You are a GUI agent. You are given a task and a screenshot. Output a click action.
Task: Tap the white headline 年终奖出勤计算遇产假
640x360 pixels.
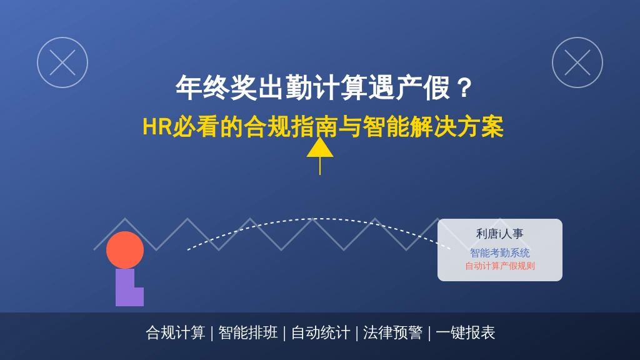(x=312, y=87)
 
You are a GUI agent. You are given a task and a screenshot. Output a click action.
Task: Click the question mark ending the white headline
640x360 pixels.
(x=464, y=87)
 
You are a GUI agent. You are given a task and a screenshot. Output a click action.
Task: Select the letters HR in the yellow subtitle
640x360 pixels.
(x=157, y=126)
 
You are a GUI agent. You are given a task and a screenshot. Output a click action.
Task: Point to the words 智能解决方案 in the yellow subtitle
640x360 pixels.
(x=432, y=126)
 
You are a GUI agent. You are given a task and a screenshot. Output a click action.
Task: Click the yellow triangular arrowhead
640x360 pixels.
(x=320, y=147)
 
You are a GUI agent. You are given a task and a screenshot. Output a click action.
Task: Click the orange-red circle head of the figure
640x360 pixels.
(x=125, y=250)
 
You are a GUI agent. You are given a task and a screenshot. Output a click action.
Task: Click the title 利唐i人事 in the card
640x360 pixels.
(x=499, y=234)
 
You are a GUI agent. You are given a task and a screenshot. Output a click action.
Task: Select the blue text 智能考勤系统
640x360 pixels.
(x=499, y=253)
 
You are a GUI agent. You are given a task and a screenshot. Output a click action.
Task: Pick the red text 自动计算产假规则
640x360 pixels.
(x=500, y=266)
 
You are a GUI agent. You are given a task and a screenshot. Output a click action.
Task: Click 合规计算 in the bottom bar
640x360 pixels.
(x=176, y=332)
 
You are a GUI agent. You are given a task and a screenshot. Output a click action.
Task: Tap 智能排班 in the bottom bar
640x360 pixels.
(x=247, y=332)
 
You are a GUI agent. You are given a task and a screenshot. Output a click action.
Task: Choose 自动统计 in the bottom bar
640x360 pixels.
(x=321, y=332)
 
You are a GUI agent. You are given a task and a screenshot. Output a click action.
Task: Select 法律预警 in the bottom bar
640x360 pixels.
(x=392, y=332)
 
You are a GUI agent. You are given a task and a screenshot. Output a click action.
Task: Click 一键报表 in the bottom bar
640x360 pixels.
(x=465, y=332)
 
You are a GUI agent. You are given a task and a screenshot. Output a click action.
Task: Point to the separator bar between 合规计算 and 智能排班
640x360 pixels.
(x=212, y=333)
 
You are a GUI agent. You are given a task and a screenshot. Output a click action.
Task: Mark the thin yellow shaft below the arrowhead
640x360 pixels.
(x=320, y=166)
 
